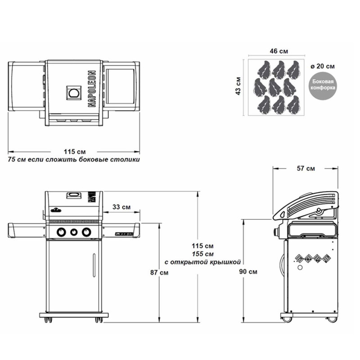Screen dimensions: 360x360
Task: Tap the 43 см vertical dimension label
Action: coord(238,85)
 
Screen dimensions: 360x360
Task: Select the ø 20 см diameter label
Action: coord(323,66)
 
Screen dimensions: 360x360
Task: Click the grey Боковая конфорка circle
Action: coord(323,85)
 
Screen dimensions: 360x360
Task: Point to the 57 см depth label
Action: coord(306,168)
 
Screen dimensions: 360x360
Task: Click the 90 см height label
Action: coord(249,271)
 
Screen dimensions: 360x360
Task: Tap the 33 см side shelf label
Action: coord(121,207)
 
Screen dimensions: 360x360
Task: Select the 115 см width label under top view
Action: coord(75,151)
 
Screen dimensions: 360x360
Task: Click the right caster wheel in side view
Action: coord(332,319)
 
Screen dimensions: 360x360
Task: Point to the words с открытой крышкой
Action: coord(203,261)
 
